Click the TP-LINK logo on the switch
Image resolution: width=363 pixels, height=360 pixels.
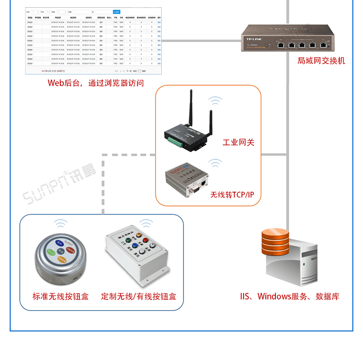(x=255, y=39)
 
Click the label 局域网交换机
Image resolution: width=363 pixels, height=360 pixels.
(x=321, y=61)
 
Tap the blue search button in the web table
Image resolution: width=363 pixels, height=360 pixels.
(x=117, y=11)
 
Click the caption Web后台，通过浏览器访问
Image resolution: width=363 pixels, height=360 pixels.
(x=96, y=83)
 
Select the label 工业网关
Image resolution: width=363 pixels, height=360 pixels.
(x=238, y=142)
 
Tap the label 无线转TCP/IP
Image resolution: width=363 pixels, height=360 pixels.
(x=232, y=195)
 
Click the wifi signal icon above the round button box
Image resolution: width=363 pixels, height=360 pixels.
(x=60, y=224)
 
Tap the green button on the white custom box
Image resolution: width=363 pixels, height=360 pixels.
(x=128, y=239)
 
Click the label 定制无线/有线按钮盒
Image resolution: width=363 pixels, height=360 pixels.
(x=138, y=296)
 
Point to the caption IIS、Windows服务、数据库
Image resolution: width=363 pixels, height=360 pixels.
(x=289, y=296)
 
